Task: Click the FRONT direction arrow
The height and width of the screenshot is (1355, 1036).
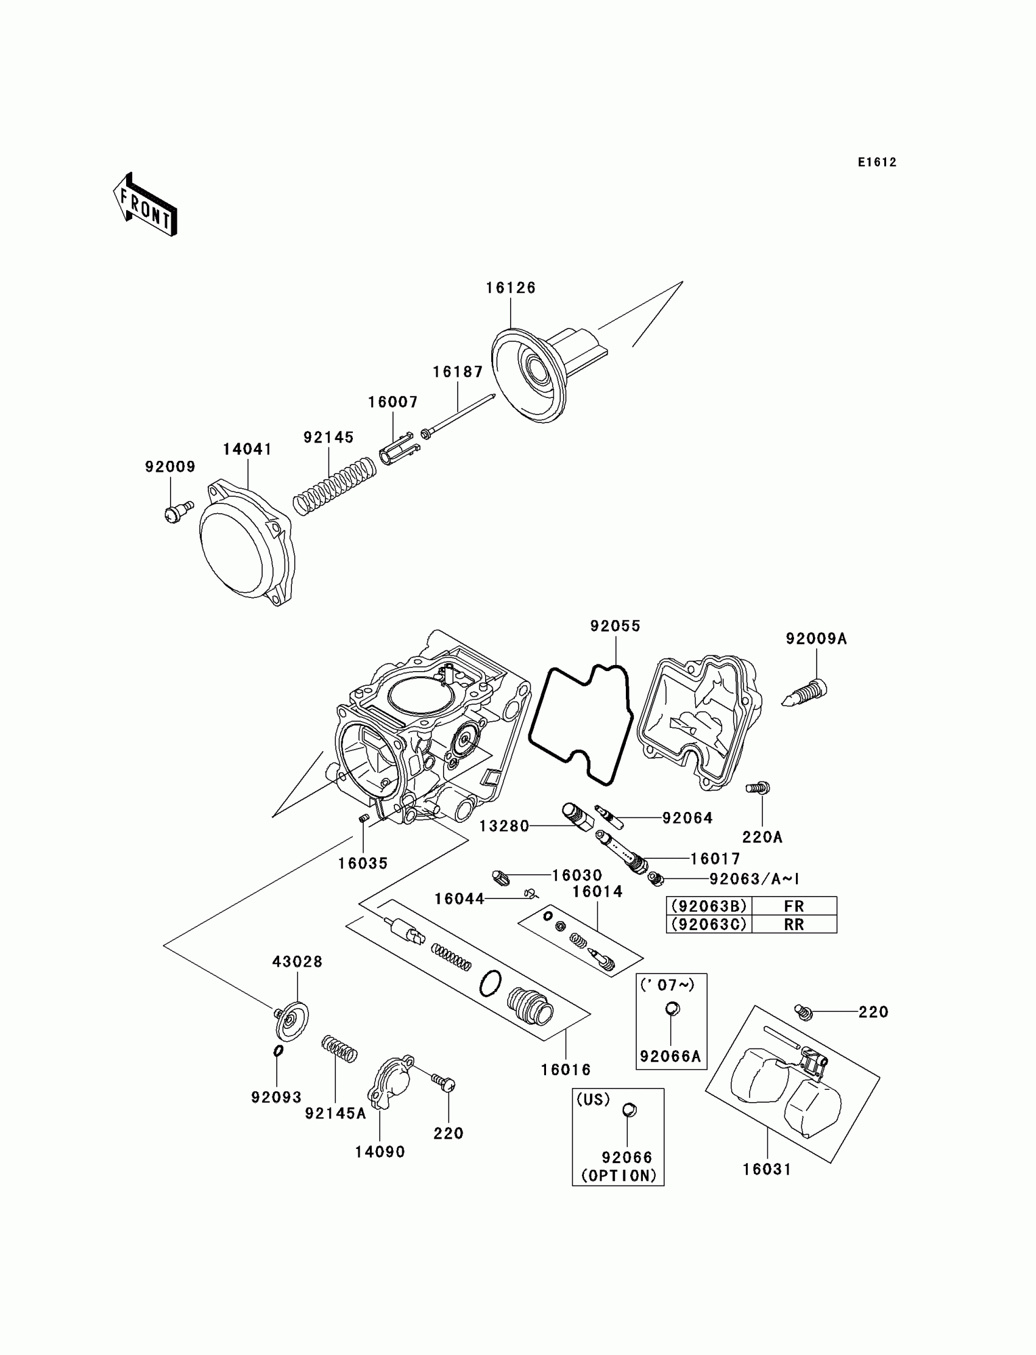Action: pos(146,205)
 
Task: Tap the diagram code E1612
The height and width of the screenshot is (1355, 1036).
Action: pos(877,162)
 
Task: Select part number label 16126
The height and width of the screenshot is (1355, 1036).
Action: pos(511,288)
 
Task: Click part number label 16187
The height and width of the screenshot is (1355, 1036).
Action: pos(458,372)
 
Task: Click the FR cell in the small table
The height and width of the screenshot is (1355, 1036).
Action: pos(793,906)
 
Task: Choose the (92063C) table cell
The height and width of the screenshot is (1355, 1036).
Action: pos(709,924)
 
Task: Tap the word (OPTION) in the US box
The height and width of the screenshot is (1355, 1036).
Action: pos(619,1176)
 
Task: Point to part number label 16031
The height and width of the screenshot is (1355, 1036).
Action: pos(767,1168)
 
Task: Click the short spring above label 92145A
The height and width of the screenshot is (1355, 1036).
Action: pos(339,1048)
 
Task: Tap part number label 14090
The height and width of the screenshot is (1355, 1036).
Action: pos(380,1151)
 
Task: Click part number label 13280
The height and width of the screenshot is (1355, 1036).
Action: pos(505,826)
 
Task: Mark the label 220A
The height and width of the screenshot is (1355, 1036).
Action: pos(762,837)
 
